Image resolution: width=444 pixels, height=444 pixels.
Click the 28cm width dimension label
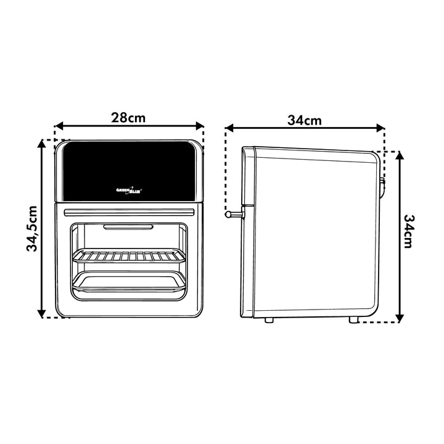pyautogui.click(x=128, y=117)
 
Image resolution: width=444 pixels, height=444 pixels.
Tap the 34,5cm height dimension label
pyautogui.click(x=31, y=229)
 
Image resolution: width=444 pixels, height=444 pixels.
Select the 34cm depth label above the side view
pyautogui.click(x=305, y=120)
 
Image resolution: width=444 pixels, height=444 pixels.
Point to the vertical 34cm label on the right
pyautogui.click(x=409, y=231)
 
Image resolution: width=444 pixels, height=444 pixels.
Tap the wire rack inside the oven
pyautogui.click(x=128, y=256)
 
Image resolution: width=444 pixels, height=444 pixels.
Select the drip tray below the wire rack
pyautogui.click(x=129, y=281)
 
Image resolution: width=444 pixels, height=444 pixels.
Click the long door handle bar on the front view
pyautogui.click(x=129, y=212)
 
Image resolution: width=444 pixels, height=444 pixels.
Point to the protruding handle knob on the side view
pyautogui.click(x=234, y=214)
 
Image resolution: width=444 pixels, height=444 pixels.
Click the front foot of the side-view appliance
pyautogui.click(x=269, y=319)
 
